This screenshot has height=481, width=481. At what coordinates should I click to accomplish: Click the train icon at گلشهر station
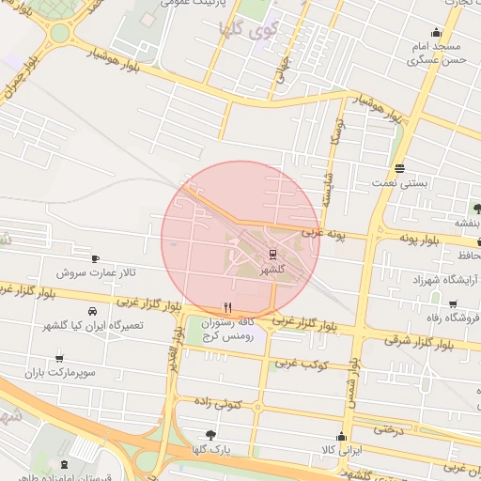(272, 254)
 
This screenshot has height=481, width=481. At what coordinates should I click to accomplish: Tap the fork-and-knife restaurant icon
(226, 307)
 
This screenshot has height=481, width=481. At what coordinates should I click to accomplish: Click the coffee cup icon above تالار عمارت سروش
(95, 257)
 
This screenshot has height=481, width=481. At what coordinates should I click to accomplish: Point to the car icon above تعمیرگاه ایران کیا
(92, 311)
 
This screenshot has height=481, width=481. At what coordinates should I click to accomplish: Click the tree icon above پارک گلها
(210, 435)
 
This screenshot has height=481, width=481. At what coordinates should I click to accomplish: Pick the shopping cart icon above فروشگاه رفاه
(453, 304)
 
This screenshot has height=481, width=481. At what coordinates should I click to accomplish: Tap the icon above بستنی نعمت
(400, 169)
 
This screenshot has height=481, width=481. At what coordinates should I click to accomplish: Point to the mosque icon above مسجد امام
(435, 31)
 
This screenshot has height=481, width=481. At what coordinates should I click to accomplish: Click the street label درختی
(388, 429)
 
